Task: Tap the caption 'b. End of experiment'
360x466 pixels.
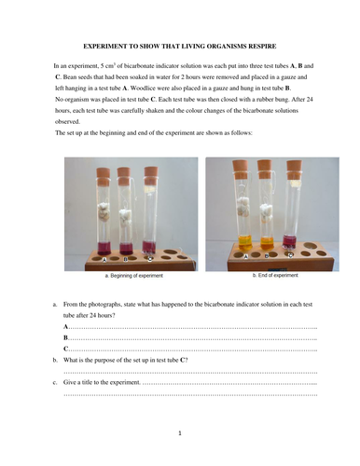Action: [275, 276]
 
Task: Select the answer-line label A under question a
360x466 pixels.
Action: [65, 328]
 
